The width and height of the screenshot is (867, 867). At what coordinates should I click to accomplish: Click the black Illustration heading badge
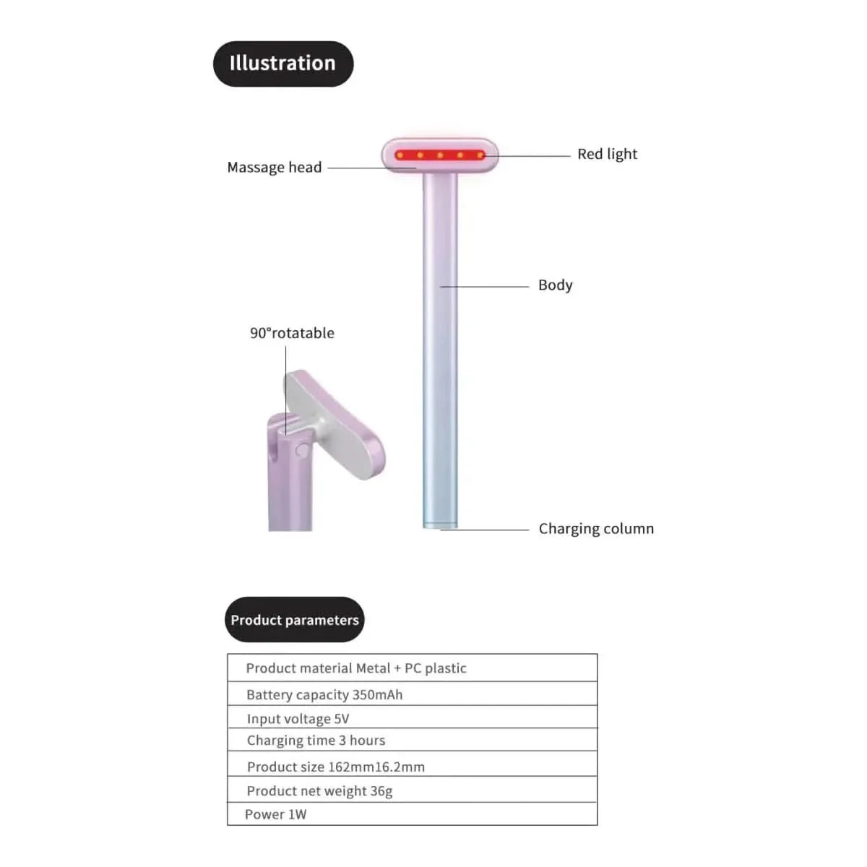283,64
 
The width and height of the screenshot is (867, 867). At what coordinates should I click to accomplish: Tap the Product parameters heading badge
295,619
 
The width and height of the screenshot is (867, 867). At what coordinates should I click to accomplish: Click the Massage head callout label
275,168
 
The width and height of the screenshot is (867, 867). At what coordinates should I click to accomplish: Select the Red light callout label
608,155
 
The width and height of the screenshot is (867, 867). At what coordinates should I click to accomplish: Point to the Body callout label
555,285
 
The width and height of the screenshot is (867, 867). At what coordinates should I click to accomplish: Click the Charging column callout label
596,529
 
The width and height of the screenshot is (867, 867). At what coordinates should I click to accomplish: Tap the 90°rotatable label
292,333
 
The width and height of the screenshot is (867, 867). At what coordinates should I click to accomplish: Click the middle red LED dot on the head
440,155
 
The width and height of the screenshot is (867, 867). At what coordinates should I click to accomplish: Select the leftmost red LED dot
400,155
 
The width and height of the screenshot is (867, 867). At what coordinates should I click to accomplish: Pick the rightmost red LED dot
480,155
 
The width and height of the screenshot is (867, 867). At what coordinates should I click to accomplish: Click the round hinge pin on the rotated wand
302,450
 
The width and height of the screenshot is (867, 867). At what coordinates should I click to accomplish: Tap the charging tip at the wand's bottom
440,525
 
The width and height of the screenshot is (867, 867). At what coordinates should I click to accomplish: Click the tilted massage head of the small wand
335,424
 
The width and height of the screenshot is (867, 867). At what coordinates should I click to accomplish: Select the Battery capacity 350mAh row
413,694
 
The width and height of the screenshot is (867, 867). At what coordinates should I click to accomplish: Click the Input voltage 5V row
413,718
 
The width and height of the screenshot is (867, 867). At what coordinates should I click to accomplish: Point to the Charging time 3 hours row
413,740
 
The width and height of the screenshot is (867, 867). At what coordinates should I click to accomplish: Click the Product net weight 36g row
413,790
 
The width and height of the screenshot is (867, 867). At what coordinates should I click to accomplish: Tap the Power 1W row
413,814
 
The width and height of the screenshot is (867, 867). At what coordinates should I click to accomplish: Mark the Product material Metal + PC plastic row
413,668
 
